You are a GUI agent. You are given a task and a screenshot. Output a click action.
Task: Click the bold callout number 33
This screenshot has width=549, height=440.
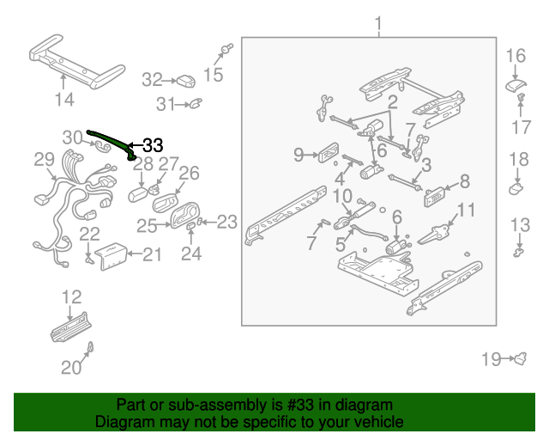152,145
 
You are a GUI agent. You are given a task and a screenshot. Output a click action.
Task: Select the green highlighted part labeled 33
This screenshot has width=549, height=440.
111,140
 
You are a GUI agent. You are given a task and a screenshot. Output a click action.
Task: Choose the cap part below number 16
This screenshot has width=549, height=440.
515,83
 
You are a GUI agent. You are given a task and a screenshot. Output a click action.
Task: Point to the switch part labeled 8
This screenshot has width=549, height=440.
436,197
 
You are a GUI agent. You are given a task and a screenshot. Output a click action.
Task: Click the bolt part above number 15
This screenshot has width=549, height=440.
226,48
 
